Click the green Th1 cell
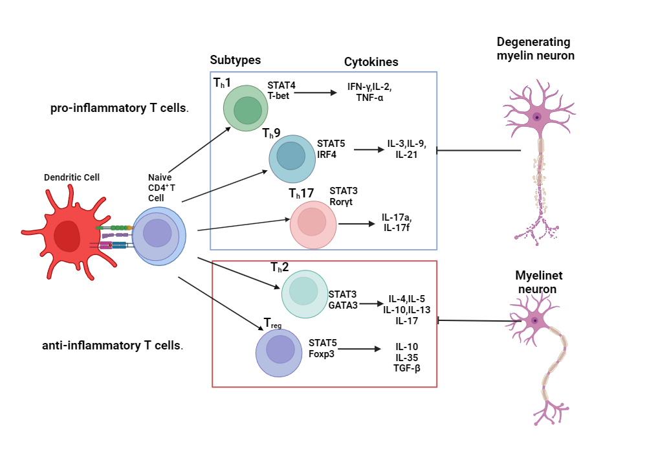[245, 108]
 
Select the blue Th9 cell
[292, 159]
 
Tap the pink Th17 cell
[313, 225]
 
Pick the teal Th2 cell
[305, 294]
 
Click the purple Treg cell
[279, 353]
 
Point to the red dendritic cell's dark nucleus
[67, 236]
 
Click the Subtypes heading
[236, 60]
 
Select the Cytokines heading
[371, 62]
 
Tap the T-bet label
[278, 96]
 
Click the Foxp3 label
[322, 354]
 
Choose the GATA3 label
[343, 305]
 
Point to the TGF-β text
[407, 368]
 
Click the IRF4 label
[327, 155]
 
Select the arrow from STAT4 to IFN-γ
[316, 93]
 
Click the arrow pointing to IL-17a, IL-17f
[356, 224]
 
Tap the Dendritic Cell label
[72, 177]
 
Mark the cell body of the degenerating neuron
[537, 116]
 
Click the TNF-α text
[369, 98]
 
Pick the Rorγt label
[341, 202]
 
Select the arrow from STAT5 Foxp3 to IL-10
[359, 349]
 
